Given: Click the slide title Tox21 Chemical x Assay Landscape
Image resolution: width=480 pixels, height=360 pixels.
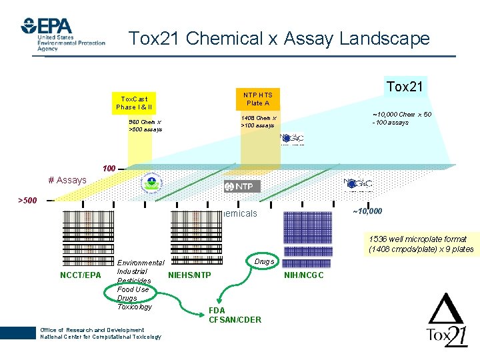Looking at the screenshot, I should pyautogui.click(x=279, y=39).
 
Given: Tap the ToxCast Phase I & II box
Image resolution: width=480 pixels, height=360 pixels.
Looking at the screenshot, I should pyautogui.click(x=134, y=103).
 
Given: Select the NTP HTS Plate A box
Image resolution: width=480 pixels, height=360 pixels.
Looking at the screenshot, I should pyautogui.click(x=257, y=99).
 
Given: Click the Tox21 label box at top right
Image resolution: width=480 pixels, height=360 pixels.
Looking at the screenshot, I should pyautogui.click(x=405, y=87).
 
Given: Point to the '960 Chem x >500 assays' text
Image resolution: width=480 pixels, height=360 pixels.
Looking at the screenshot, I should pyautogui.click(x=145, y=125).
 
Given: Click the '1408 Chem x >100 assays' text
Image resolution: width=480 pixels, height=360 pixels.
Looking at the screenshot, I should pyautogui.click(x=258, y=121).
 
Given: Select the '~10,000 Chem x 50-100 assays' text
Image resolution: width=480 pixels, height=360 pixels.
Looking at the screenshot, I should pyautogui.click(x=402, y=118).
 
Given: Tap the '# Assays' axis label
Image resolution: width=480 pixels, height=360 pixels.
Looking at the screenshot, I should pyautogui.click(x=67, y=179).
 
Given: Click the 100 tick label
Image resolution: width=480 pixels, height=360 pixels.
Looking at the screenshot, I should pyautogui.click(x=109, y=167).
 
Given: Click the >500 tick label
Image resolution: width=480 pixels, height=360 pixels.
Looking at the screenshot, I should pyautogui.click(x=27, y=200).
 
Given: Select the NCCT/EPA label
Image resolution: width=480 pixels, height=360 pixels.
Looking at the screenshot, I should pyautogui.click(x=80, y=275).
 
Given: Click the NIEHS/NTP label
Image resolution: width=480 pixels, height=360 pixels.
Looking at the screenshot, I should pyautogui.click(x=189, y=275).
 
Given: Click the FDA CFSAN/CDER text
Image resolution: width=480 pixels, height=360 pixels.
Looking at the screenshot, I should pyautogui.click(x=235, y=315).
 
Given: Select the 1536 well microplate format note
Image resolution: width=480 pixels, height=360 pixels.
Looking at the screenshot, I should pyautogui.click(x=420, y=244).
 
